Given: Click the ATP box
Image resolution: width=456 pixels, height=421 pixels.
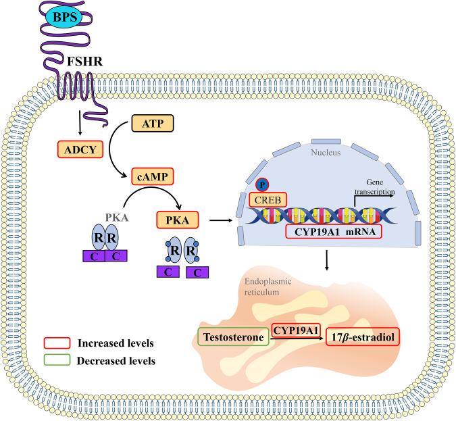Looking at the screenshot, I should (152, 124).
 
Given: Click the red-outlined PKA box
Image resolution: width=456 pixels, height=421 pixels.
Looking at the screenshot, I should (179, 220).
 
